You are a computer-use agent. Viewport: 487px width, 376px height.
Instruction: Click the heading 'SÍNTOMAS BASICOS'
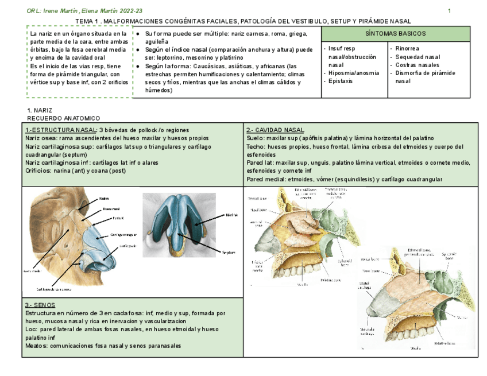(396, 34)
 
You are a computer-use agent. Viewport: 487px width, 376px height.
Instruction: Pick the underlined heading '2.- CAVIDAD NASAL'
(276, 130)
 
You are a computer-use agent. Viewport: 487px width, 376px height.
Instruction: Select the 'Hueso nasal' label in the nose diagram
(111, 208)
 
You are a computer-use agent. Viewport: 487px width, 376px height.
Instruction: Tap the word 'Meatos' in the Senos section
(35, 346)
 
